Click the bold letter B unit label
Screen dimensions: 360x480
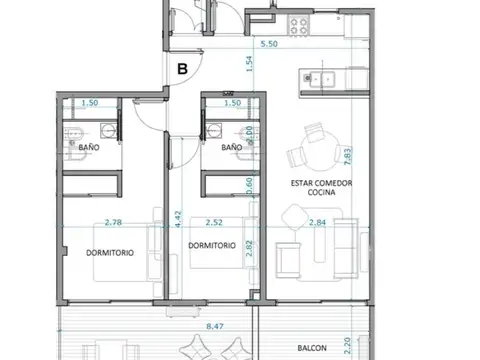182,69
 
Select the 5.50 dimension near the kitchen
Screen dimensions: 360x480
268,45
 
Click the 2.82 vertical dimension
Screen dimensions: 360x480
249,249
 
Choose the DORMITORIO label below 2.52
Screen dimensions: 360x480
211,244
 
